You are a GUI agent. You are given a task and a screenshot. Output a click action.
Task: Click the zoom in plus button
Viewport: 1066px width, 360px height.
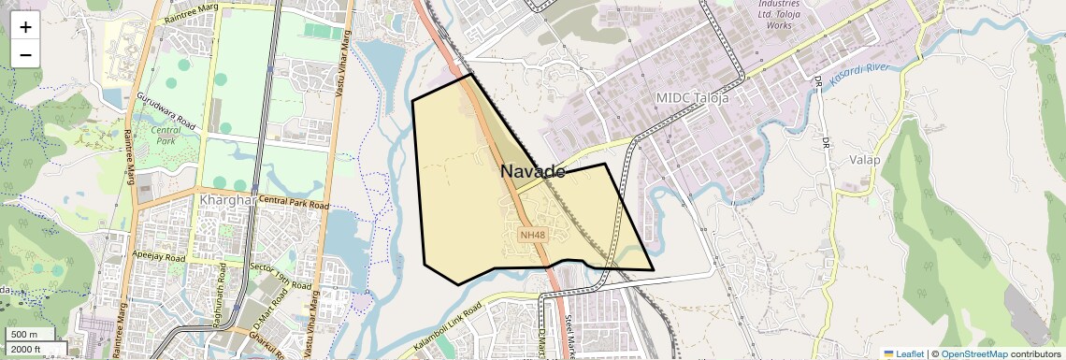click(25, 27)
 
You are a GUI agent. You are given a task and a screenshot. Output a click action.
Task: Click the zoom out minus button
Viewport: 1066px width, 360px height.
click(25, 55)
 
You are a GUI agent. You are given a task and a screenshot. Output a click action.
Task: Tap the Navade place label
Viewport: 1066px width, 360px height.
click(532, 172)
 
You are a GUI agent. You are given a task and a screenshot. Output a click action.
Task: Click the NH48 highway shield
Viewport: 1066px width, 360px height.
click(532, 235)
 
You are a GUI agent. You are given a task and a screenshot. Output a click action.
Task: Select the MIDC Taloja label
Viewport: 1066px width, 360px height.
click(692, 97)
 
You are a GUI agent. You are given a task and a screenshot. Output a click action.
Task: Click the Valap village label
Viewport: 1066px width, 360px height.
click(865, 160)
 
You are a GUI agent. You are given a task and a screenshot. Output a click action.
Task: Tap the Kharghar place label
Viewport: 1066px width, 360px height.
click(227, 200)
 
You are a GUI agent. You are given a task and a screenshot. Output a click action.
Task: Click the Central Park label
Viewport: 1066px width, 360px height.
click(166, 137)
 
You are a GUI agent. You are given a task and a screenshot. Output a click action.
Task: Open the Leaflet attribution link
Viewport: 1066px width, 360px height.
click(903, 353)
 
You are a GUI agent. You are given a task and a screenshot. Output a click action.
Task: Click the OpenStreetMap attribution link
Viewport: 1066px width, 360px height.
click(973, 353)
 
